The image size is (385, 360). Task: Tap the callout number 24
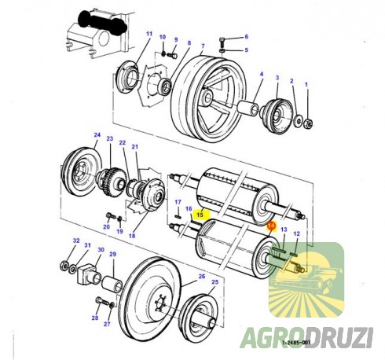coord(97,134)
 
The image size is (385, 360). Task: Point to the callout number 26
coord(201,277)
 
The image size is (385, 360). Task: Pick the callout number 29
coord(112,255)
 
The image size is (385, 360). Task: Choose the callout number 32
coord(76,241)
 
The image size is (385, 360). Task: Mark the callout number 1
coord(306,83)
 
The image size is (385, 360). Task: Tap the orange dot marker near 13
coord(271,225)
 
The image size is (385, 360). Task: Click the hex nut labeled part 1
coord(309,123)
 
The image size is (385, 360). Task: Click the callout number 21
coord(134,147)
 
